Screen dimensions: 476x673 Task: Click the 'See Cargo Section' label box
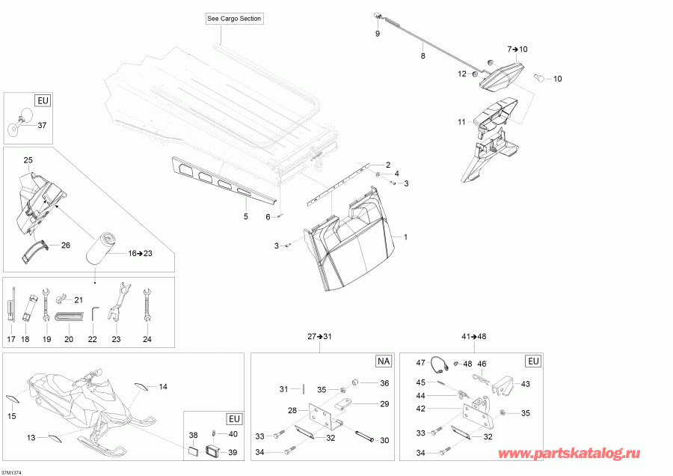click(234, 19)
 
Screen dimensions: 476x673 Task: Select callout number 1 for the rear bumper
click(405, 237)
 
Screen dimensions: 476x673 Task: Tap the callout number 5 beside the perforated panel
click(245, 216)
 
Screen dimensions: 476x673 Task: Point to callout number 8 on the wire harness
click(422, 56)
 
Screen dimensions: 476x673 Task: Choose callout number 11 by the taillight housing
click(461, 120)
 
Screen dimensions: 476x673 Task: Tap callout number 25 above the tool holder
click(28, 160)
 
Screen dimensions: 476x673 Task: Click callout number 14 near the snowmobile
click(162, 387)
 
